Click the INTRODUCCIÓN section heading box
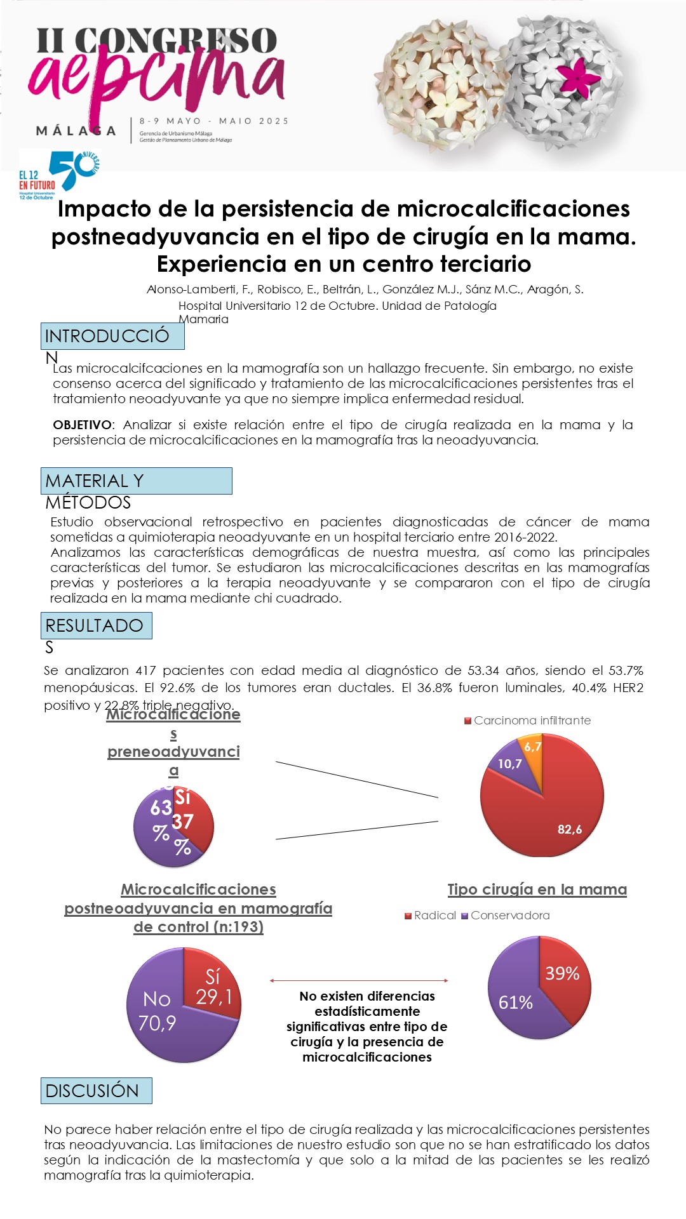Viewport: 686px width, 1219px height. click(x=112, y=336)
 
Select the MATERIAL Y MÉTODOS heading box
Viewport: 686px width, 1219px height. click(x=136, y=481)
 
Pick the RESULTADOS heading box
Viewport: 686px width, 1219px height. click(x=96, y=626)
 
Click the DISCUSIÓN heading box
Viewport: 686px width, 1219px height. click(x=96, y=1091)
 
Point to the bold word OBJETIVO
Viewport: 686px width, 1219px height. click(x=82, y=425)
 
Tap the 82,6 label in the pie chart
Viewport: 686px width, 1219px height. click(x=569, y=829)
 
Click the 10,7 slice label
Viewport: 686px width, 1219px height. click(x=509, y=764)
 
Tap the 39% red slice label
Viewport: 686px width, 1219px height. click(x=562, y=974)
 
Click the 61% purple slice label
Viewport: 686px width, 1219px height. click(x=515, y=1003)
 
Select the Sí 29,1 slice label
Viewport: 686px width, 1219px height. click(x=213, y=987)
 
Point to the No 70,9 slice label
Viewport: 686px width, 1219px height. click(x=157, y=1011)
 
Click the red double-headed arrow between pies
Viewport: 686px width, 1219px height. click(x=359, y=981)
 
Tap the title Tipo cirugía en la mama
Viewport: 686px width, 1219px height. click(x=537, y=889)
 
